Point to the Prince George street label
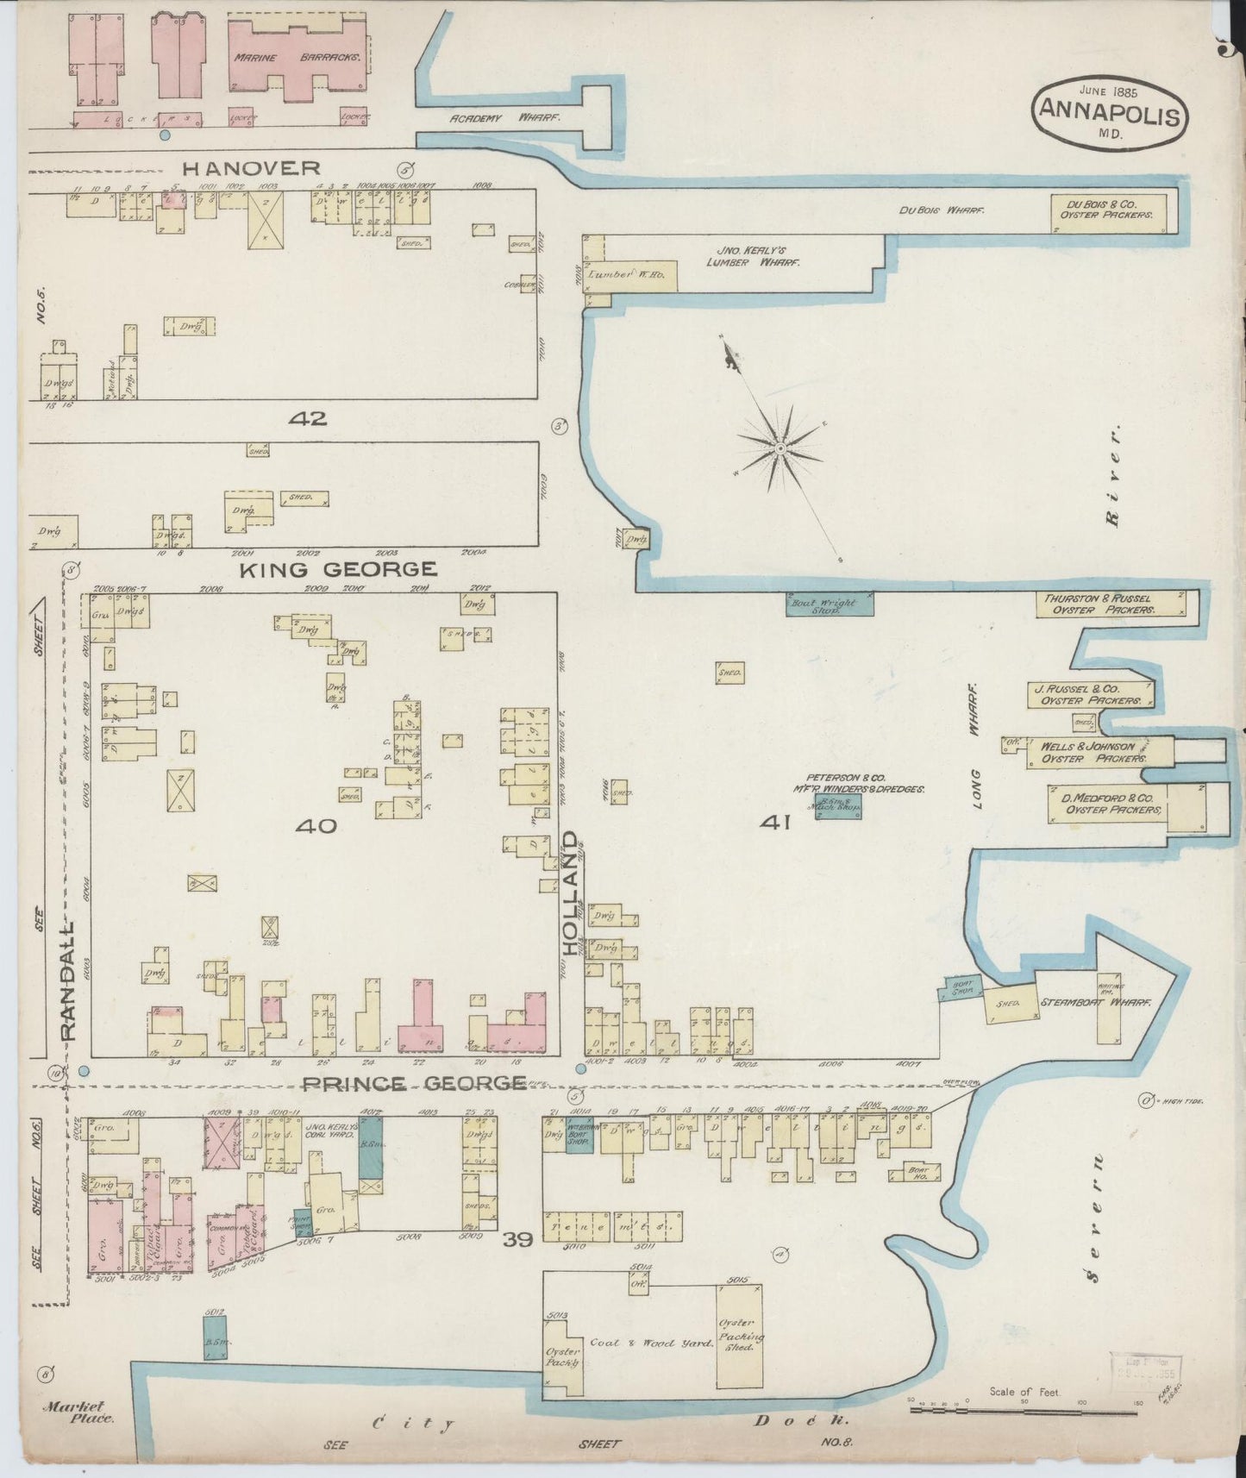click(416, 1083)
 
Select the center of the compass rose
click(780, 448)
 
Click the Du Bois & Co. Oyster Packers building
click(1112, 211)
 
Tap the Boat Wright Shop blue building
click(829, 603)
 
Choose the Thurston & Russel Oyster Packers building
click(1110, 604)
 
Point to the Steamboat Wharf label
click(1095, 1003)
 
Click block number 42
click(308, 419)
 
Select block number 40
click(315, 826)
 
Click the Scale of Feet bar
click(1023, 1411)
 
